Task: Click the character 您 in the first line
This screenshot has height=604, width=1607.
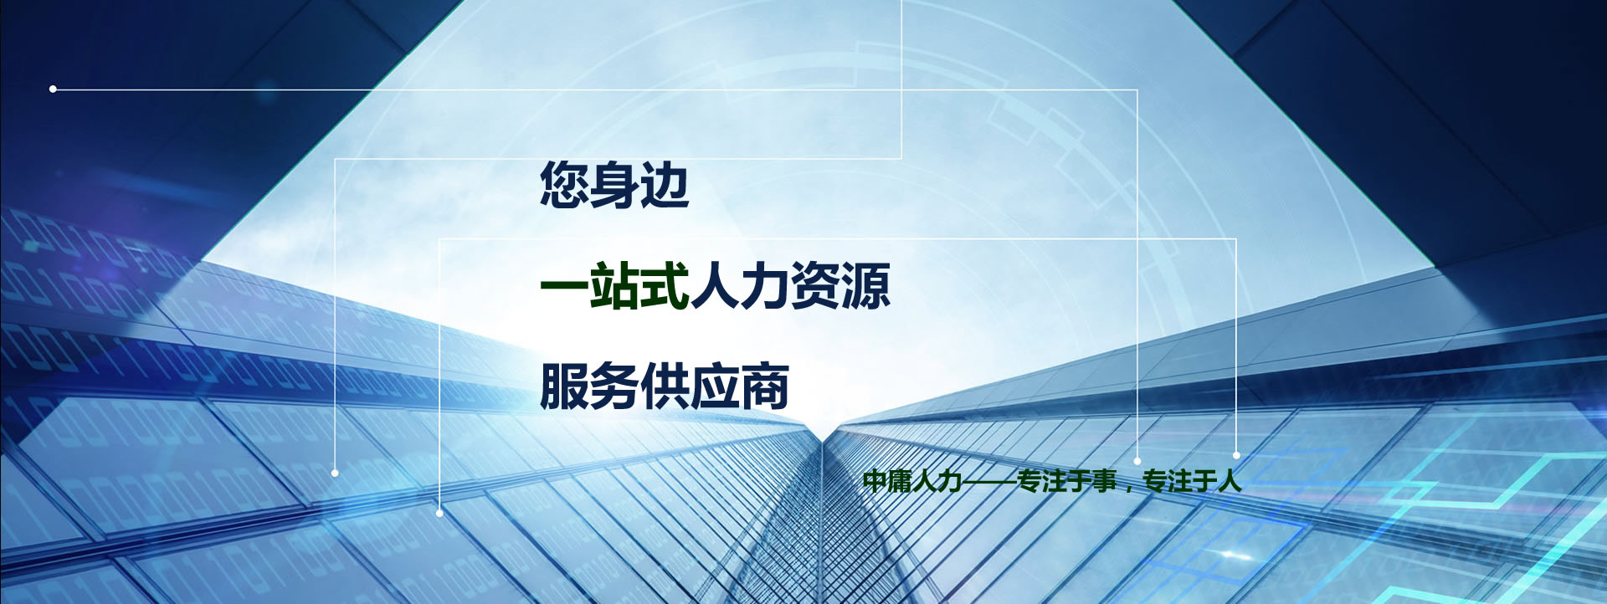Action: point(564,184)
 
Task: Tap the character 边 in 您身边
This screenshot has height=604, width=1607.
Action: point(665,184)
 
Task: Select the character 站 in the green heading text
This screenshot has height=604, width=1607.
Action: point(614,285)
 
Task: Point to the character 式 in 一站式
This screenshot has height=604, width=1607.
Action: point(665,285)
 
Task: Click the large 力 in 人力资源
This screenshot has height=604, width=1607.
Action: point(765,285)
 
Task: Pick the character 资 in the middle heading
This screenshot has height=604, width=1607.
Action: point(815,285)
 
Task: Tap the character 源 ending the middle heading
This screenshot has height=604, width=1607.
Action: point(865,285)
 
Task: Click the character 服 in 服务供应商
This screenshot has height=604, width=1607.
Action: point(564,386)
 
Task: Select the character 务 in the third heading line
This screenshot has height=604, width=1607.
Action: point(614,386)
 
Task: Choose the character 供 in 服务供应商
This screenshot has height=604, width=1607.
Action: point(665,386)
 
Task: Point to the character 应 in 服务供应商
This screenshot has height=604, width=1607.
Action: point(715,386)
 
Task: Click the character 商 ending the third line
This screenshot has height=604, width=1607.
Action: point(765,386)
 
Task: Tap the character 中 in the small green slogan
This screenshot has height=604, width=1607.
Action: point(875,481)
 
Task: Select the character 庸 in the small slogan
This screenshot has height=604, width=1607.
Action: point(900,481)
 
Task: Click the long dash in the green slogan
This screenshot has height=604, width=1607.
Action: point(989,481)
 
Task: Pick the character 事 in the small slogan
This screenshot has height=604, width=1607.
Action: point(1104,481)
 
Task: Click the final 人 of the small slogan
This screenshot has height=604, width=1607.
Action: point(1230,481)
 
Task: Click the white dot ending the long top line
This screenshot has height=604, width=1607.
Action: point(53,89)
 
